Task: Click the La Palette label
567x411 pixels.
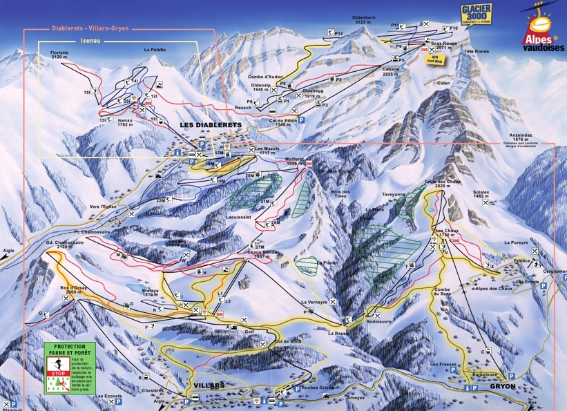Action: (x=155, y=50)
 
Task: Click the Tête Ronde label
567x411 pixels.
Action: (x=476, y=52)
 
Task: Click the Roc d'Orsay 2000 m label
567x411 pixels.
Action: (x=73, y=289)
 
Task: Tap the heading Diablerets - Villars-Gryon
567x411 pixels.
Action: (x=90, y=29)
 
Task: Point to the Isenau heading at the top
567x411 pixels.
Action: (x=73, y=40)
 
